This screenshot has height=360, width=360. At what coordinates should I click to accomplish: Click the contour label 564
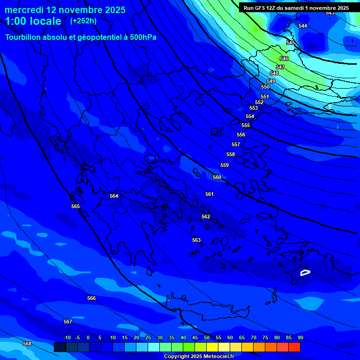114,196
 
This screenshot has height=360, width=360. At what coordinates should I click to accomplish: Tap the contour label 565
75,206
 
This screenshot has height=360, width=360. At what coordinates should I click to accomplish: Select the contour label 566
91,298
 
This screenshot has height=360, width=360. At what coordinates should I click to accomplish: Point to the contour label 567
68,322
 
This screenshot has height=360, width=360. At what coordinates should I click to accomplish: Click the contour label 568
27,344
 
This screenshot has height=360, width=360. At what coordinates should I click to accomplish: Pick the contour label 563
196,240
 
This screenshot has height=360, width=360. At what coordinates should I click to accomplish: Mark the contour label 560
217,177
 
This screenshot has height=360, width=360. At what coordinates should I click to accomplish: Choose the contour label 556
241,135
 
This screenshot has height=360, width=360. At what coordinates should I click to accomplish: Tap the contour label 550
265,87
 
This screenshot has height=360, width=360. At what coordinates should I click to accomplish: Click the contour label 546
284,59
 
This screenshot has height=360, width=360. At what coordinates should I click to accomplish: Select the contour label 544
303,26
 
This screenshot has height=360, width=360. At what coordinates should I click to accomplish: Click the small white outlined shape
305,272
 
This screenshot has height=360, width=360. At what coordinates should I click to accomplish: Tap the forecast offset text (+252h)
83,21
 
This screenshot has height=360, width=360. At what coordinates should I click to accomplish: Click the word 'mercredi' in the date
23,10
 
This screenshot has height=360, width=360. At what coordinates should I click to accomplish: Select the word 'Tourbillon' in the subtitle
24,37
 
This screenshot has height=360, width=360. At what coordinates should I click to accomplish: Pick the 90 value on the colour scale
300,337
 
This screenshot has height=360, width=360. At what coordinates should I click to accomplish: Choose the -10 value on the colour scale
67,337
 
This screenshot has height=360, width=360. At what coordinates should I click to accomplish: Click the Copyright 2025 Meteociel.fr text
199,356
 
